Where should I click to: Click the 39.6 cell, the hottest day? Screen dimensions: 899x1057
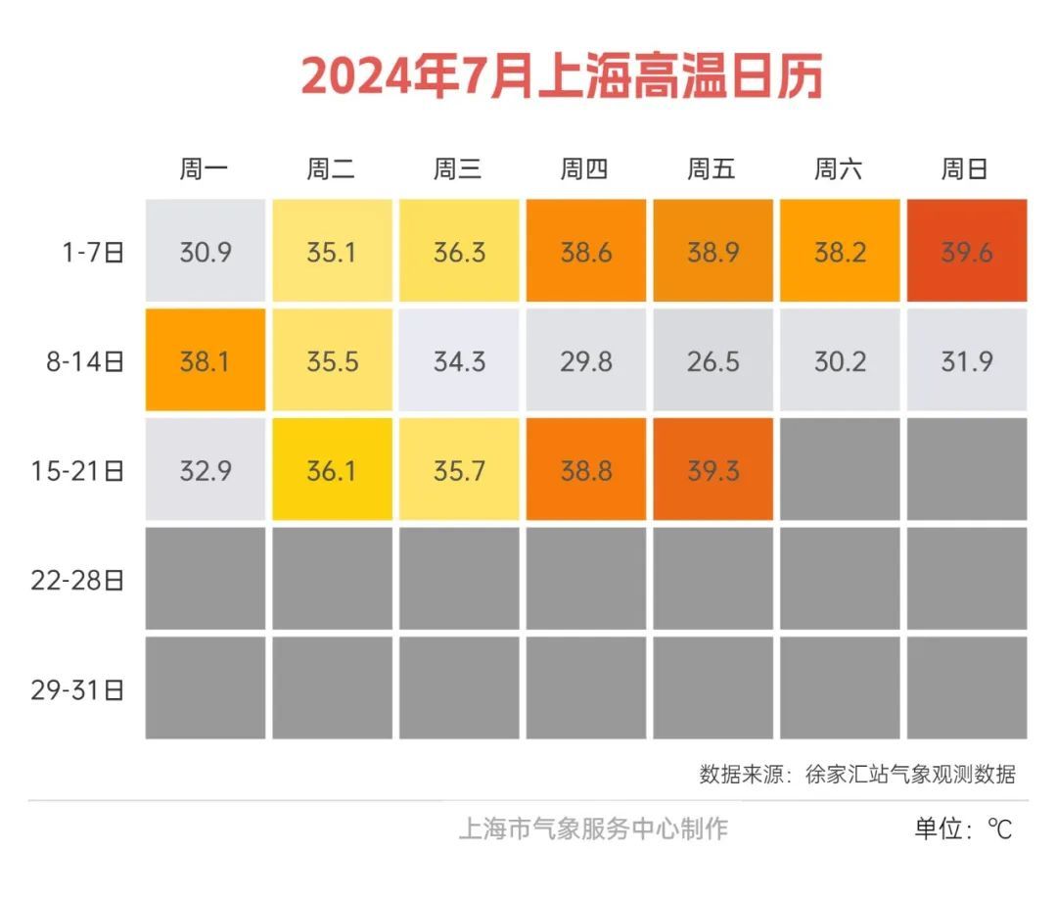[967, 252]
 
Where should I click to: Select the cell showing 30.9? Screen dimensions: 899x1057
[206, 252]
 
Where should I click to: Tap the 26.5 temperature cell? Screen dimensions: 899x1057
[712, 361]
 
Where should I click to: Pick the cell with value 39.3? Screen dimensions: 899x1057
[712, 471]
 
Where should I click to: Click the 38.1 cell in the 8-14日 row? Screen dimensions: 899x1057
[206, 361]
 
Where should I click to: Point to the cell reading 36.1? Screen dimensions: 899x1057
[332, 471]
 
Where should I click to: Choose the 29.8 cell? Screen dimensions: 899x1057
[586, 361]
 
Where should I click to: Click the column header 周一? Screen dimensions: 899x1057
[204, 169]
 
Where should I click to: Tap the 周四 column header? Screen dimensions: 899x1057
[584, 169]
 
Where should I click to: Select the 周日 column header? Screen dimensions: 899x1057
[965, 169]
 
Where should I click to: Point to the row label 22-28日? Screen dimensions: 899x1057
[78, 580]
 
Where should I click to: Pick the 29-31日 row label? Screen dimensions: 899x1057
[78, 689]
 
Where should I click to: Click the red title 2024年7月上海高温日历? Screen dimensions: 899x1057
[561, 76]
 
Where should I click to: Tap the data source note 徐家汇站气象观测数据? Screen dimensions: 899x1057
[910, 775]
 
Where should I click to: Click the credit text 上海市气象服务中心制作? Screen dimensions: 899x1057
[593, 828]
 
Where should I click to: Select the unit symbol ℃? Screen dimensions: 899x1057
[999, 829]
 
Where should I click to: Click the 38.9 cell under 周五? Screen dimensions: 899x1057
[712, 252]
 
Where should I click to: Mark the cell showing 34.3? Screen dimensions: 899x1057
[459, 361]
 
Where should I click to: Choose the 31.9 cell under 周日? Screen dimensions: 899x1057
[967, 361]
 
